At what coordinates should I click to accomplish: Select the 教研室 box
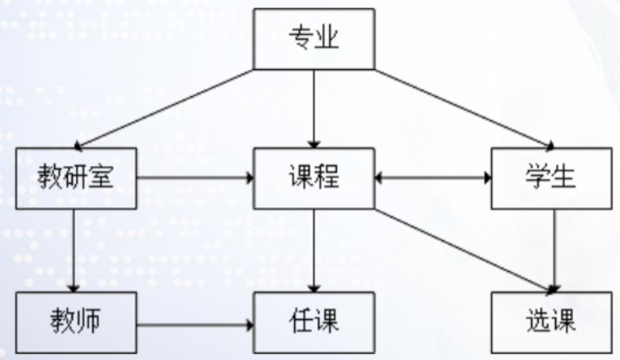(x=76, y=179)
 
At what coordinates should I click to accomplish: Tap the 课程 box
(x=313, y=179)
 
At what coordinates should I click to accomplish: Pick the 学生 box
(x=548, y=179)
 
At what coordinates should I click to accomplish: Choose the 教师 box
(x=76, y=322)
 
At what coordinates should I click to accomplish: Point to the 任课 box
(x=313, y=322)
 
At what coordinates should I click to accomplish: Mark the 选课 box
(x=548, y=322)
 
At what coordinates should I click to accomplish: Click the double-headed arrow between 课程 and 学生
(x=431, y=179)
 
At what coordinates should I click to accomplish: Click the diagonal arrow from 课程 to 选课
(x=463, y=249)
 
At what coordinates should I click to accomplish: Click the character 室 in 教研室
(x=107, y=179)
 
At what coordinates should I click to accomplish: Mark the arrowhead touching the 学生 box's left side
(x=485, y=179)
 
